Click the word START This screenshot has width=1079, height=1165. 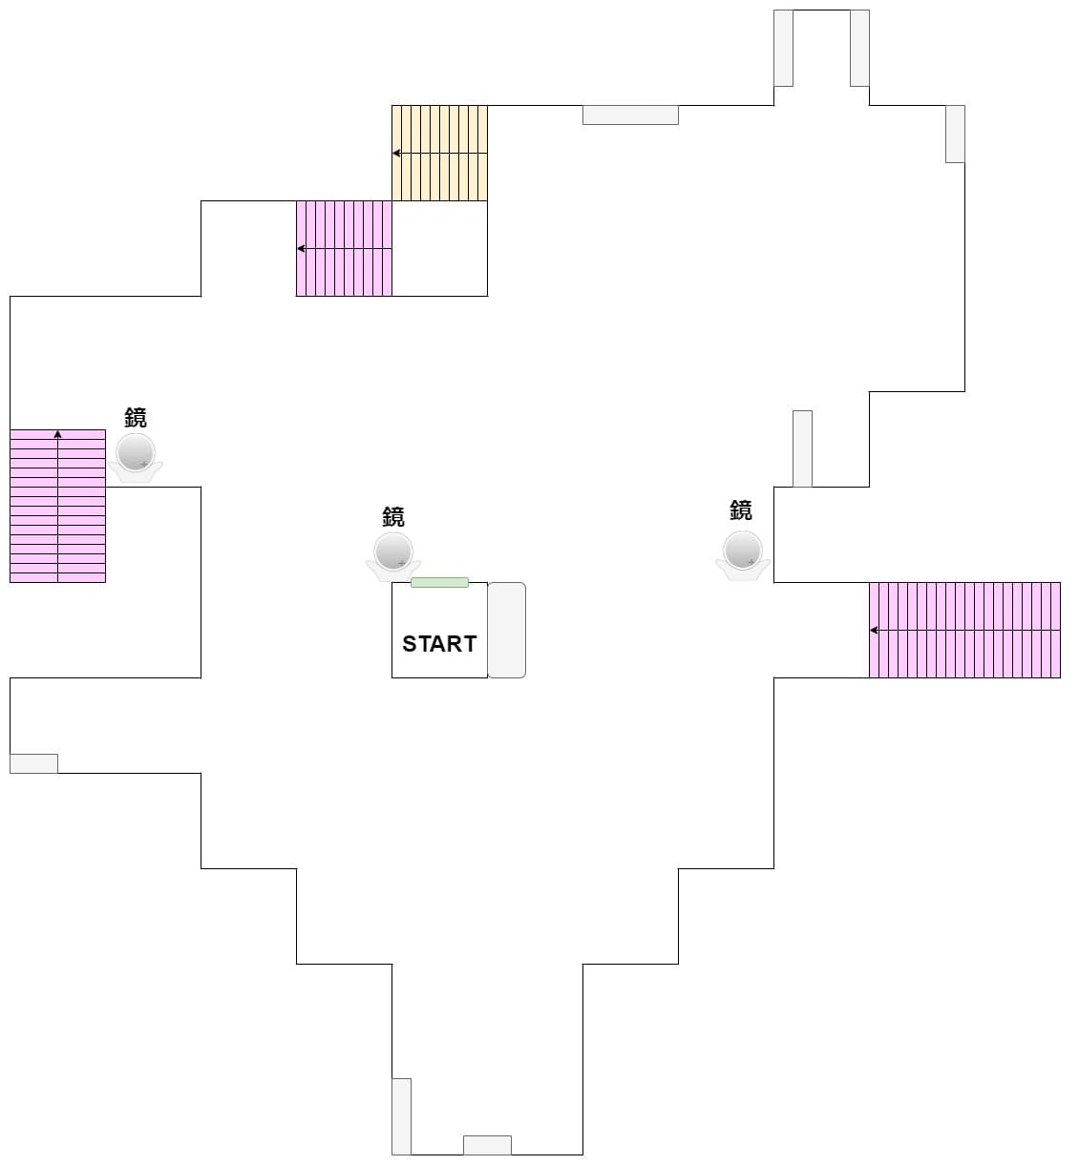pyautogui.click(x=439, y=644)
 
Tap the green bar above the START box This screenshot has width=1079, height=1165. pyautogui.click(x=439, y=582)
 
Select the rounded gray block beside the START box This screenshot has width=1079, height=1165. pyautogui.click(x=507, y=630)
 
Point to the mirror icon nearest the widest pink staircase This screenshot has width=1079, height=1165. pyautogui.click(x=742, y=553)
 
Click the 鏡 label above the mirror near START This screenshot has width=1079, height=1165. pyautogui.click(x=393, y=516)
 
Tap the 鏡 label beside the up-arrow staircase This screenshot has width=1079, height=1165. pyautogui.click(x=136, y=417)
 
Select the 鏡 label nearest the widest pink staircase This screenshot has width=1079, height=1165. pyautogui.click(x=741, y=510)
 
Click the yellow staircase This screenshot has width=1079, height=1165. pyautogui.click(x=439, y=153)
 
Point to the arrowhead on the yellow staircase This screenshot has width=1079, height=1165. pyautogui.click(x=396, y=153)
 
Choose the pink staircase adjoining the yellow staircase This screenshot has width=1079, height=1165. pyautogui.click(x=344, y=248)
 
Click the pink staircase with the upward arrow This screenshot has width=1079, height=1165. pyautogui.click(x=57, y=506)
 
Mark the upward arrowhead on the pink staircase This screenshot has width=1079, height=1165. pyautogui.click(x=57, y=434)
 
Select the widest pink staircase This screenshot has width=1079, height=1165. pyautogui.click(x=964, y=630)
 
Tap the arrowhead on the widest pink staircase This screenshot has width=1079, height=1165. pyautogui.click(x=874, y=630)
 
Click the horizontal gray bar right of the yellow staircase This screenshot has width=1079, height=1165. pyautogui.click(x=630, y=114)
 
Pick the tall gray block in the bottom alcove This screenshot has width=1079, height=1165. pyautogui.click(x=401, y=1116)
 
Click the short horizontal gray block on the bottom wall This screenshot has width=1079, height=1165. pyautogui.click(x=487, y=1145)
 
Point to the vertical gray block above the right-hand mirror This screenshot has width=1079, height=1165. pyautogui.click(x=802, y=448)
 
